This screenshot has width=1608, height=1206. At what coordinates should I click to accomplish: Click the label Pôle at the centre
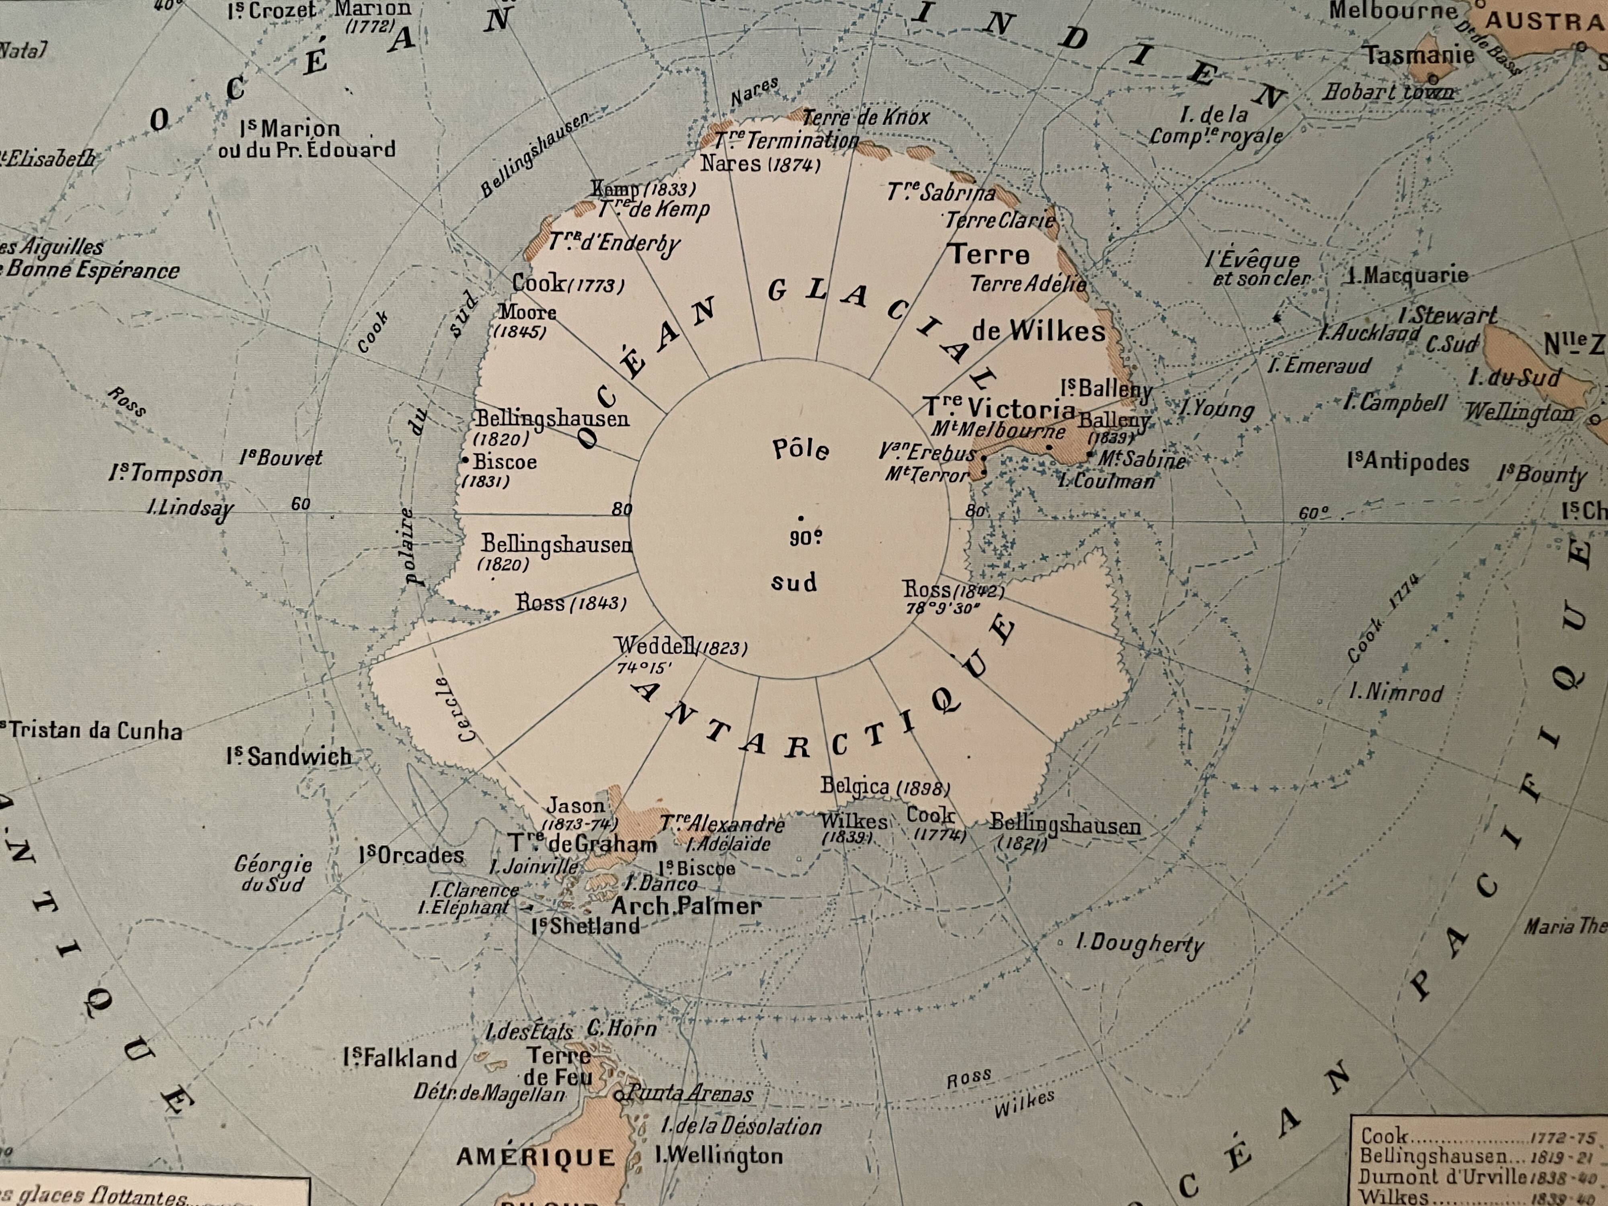click(x=800, y=449)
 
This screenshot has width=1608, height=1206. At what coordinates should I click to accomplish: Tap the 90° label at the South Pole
click(x=806, y=539)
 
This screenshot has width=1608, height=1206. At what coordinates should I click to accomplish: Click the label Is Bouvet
click(x=281, y=458)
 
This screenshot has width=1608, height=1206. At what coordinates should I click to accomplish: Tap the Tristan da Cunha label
click(x=92, y=730)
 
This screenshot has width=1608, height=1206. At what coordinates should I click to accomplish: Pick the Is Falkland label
click(x=400, y=1058)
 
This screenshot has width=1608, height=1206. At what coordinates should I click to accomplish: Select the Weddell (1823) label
click(x=681, y=646)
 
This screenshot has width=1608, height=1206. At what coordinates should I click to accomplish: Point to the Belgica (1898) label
click(x=885, y=787)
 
